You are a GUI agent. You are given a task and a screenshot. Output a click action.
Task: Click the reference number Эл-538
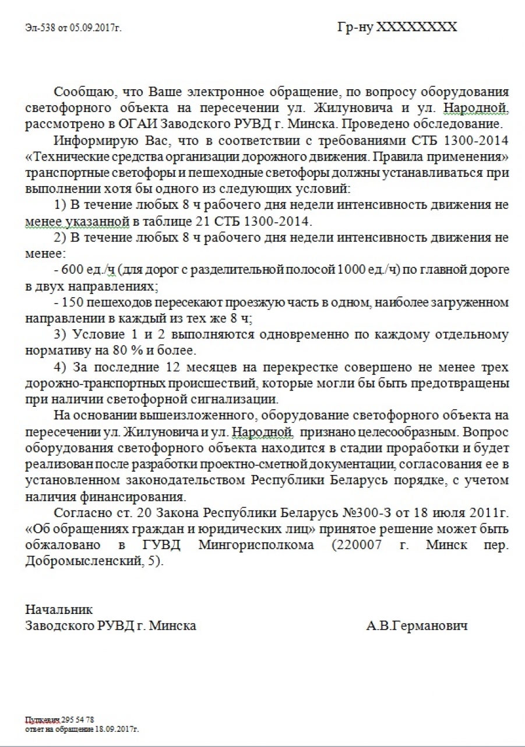point(39,27)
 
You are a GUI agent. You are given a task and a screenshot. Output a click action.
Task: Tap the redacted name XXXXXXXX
point(417,27)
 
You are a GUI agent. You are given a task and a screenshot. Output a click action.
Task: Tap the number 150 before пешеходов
point(72,302)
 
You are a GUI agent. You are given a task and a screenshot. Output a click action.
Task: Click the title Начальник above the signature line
point(59,610)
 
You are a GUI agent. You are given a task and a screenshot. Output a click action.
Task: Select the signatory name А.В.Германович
point(417,626)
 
